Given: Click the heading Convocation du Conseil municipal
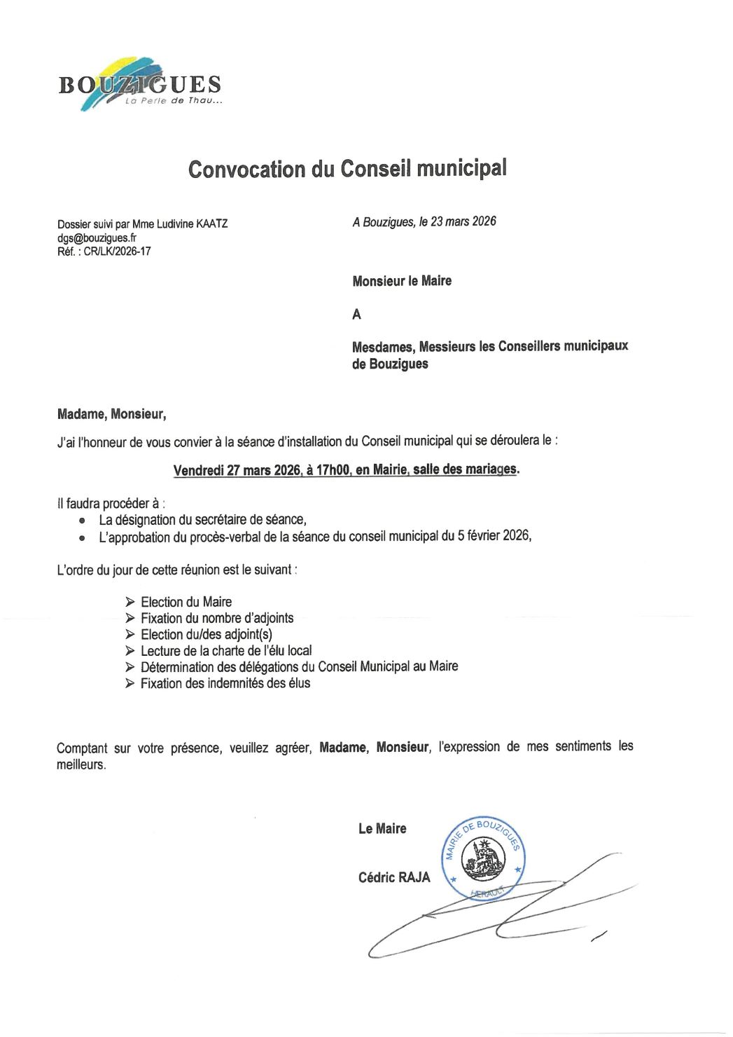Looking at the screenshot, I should pos(347,169).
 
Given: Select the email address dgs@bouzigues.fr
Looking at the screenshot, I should pos(97,238).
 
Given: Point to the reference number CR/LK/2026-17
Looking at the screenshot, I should pos(117,251).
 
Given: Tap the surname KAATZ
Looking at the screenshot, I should pos(211,224).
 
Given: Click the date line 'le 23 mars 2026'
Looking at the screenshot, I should pos(458,221).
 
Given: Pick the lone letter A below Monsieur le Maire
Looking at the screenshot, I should pos(357,314).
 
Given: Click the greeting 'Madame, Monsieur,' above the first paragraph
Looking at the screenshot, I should pos(111,414).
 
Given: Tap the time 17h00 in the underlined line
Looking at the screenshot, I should pos(333,469).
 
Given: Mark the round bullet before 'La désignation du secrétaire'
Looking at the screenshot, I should pos(83,521).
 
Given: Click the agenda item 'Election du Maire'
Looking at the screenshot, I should pos(186,602).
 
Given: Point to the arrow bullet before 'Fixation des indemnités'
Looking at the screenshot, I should pos(130,683).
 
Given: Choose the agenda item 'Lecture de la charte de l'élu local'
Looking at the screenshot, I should pos(226,650).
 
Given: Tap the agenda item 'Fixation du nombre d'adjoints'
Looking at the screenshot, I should pos(217,618).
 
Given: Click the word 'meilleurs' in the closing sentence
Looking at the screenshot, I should pos(81,765).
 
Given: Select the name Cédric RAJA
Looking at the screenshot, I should pos(394,877).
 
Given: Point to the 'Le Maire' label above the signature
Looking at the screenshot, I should pos(382,829).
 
